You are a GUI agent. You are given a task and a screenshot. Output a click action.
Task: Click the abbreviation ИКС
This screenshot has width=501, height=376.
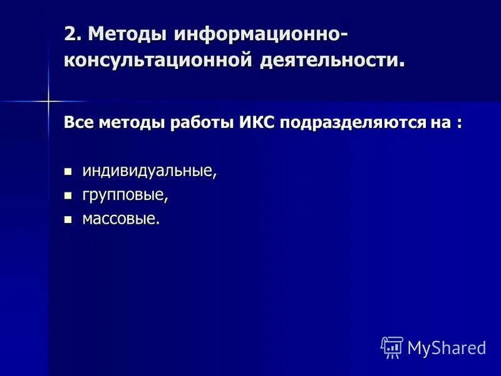click(x=257, y=122)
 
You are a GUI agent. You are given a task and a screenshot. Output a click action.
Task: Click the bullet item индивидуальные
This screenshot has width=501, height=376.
click(x=149, y=171)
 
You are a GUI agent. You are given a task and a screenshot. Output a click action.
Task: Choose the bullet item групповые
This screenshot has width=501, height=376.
click(x=125, y=196)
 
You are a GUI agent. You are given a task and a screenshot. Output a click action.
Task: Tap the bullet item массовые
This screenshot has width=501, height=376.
click(x=121, y=219)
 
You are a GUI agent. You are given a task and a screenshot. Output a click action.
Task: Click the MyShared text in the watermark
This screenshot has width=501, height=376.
click(x=447, y=347)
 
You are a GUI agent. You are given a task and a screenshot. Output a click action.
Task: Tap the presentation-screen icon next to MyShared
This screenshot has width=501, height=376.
click(x=391, y=347)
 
